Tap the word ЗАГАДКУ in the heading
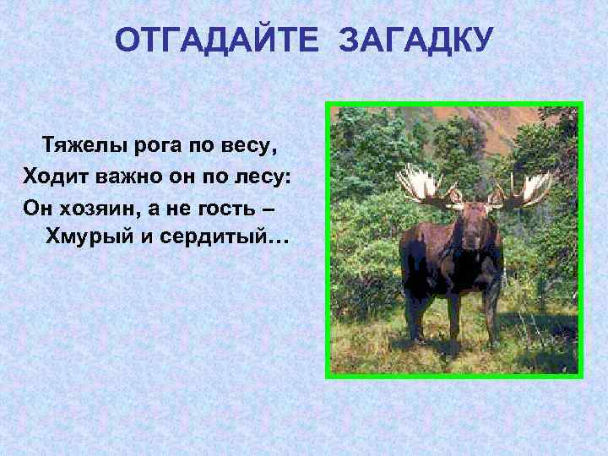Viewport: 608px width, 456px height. pyautogui.click(x=415, y=40)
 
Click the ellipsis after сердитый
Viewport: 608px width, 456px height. pyautogui.click(x=278, y=241)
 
